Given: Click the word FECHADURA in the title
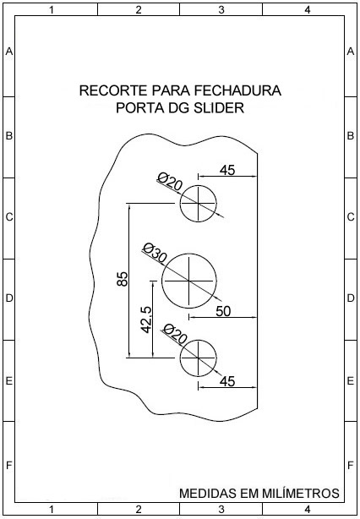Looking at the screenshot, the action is (x=237, y=90).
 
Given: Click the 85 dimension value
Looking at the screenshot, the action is (x=122, y=279).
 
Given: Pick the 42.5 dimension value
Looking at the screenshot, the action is (x=146, y=320).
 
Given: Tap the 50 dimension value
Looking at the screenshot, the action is (x=223, y=311).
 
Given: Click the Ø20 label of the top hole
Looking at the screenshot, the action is (x=170, y=181).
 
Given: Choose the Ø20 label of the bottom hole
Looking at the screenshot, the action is (x=174, y=333).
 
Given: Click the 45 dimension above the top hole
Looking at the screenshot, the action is (x=227, y=170).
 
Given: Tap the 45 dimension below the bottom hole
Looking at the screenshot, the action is (x=227, y=381).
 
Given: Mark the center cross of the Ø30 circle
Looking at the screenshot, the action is (x=189, y=281).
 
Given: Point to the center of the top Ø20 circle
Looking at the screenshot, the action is (x=198, y=203).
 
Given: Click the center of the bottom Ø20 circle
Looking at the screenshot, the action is (x=198, y=358).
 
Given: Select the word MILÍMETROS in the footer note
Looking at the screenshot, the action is (x=301, y=493).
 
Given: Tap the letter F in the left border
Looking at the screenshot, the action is (x=9, y=466).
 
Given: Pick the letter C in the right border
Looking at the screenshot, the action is (x=351, y=216).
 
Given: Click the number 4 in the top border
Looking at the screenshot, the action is (x=308, y=10).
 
